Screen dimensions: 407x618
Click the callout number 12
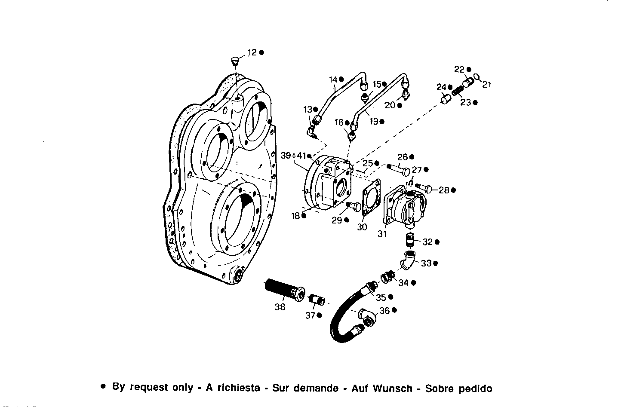[x=252, y=52]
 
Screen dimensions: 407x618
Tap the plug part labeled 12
[x=234, y=61]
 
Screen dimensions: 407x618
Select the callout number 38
[x=280, y=307]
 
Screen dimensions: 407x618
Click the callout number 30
[x=362, y=227]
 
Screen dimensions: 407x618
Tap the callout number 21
[x=486, y=85]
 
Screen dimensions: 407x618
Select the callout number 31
[x=382, y=234]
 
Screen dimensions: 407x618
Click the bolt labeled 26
[x=398, y=169]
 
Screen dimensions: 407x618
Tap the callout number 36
[x=384, y=310]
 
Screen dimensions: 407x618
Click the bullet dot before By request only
[x=103, y=386]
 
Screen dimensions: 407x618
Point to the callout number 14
[x=333, y=80]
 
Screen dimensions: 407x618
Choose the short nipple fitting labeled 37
[x=317, y=299]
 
